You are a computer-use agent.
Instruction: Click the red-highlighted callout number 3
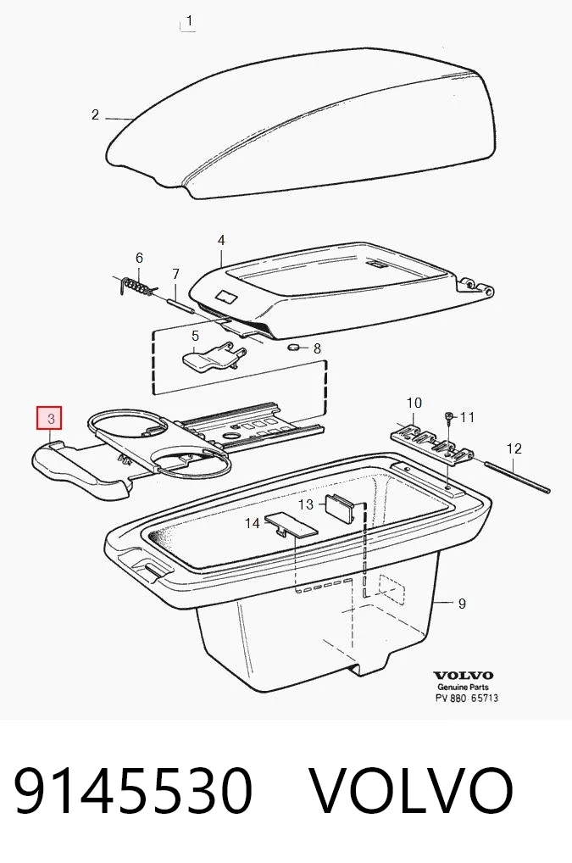pos(49,418)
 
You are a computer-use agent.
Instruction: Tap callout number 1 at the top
pos(189,21)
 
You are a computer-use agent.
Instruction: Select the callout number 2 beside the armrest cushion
pos(95,114)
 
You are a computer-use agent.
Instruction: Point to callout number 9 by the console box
pos(462,604)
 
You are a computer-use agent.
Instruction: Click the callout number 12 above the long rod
pos(514,448)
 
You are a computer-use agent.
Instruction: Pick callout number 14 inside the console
pos(252,523)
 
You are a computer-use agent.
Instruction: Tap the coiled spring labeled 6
pos(136,287)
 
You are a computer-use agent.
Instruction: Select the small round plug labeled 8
pos(294,348)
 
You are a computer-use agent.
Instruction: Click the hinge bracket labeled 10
pos(432,443)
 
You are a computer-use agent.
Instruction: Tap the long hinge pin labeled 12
pos(518,476)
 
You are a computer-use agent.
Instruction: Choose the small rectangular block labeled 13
pos(342,507)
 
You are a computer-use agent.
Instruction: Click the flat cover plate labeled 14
pos(292,525)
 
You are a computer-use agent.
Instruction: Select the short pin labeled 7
pos(181,303)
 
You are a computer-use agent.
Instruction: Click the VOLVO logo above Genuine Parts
pos(463,676)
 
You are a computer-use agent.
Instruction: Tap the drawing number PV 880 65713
pos(468,698)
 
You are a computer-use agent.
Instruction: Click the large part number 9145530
pos(132,790)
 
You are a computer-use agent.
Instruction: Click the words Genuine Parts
pos(463,687)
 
